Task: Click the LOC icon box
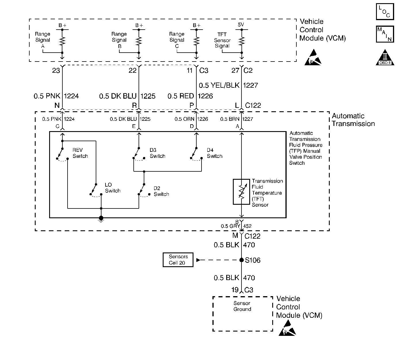385,11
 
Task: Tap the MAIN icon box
385,34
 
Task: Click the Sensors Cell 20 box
178,260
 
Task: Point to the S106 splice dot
241,260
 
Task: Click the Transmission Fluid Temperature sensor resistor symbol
241,192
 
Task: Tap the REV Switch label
80,153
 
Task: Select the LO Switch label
112,188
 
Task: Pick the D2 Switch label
161,191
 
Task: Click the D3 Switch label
157,153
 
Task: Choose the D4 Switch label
214,153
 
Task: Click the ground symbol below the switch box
101,219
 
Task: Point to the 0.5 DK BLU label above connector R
118,96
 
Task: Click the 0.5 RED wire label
181,96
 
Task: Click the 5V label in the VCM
241,25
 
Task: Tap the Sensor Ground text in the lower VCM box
242,306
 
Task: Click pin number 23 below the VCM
56,70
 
